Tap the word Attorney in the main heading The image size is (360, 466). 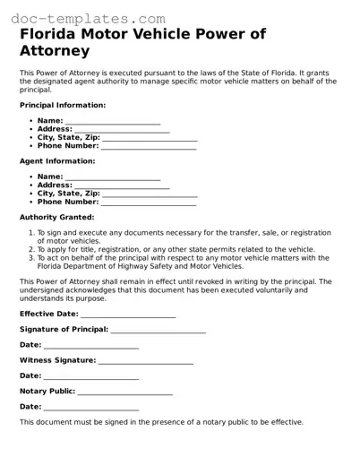55,52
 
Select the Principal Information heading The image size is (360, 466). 62,105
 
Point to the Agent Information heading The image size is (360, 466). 56,161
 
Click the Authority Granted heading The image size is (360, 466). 56,217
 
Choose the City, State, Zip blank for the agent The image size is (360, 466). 150,194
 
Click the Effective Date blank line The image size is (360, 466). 128,315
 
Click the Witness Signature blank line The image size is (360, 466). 145,361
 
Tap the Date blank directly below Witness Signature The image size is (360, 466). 91,376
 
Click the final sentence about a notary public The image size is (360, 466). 161,422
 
